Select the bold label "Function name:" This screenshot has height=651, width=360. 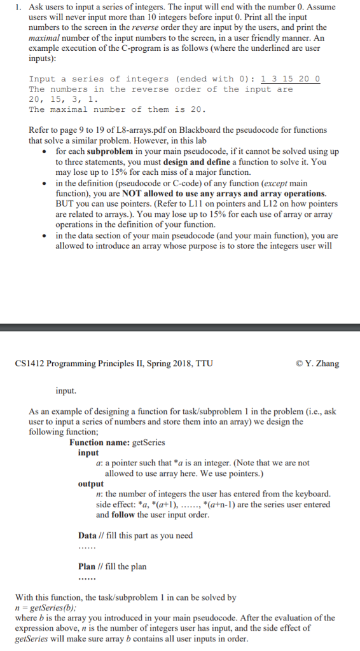(x=99, y=443)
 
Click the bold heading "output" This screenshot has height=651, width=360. (x=91, y=484)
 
